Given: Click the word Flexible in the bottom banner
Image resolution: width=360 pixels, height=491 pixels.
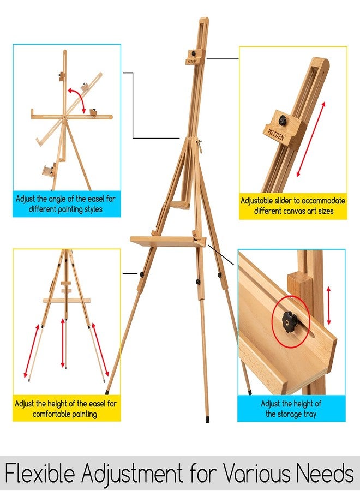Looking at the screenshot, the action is (40, 473).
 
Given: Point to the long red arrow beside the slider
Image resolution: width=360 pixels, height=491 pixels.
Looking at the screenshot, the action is (310, 139).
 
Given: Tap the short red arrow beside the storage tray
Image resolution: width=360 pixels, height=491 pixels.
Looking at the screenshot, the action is (329, 306).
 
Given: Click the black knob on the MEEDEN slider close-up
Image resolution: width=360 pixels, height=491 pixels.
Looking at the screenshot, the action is (283, 119).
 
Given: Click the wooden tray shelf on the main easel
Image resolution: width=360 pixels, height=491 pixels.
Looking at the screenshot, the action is (169, 242).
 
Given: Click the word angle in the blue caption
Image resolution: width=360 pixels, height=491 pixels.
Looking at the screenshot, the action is (61, 199).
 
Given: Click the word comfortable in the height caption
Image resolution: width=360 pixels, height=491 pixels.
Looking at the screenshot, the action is (51, 414).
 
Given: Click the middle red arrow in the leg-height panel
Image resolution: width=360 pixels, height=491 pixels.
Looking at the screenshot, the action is (63, 343).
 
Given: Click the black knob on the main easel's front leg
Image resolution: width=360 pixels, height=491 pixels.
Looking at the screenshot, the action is (198, 281).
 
